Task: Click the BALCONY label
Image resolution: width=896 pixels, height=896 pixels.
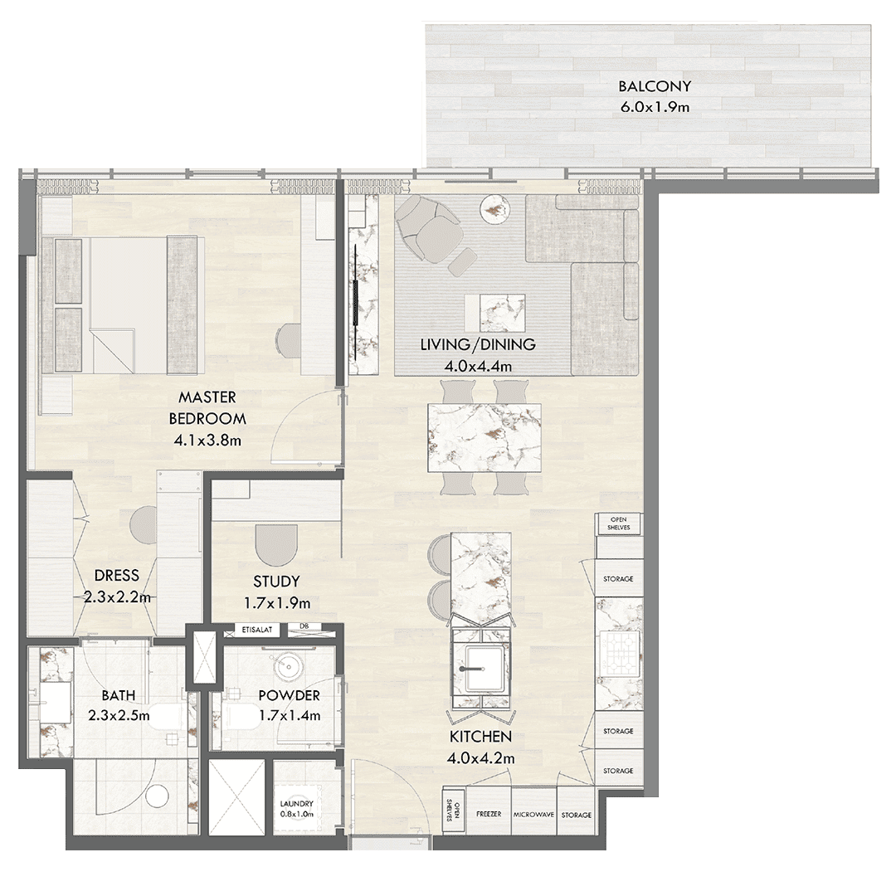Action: [x=655, y=86]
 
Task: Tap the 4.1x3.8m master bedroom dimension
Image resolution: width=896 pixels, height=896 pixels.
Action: [x=207, y=441]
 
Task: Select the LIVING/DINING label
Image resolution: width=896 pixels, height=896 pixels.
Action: [x=478, y=344]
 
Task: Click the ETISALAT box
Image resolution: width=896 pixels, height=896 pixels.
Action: [x=256, y=631]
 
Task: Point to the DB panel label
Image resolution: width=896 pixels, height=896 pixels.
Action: [x=304, y=626]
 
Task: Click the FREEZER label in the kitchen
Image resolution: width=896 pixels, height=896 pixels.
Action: [x=489, y=814]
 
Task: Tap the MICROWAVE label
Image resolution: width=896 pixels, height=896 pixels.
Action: [x=533, y=815]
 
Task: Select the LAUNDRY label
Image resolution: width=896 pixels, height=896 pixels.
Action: [x=296, y=803]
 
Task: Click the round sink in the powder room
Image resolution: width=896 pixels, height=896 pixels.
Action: [x=285, y=666]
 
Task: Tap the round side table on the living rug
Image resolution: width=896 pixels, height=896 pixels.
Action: [x=494, y=209]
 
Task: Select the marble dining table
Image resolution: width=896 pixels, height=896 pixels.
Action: [x=485, y=438]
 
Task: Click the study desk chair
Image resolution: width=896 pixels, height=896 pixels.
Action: [x=276, y=544]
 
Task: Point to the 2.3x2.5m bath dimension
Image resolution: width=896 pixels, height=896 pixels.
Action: [x=119, y=715]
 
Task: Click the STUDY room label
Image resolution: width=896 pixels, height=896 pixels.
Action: [x=276, y=582]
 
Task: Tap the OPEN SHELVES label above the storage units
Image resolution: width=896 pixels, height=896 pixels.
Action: [x=618, y=523]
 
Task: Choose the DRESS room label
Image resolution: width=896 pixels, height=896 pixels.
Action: [x=117, y=575]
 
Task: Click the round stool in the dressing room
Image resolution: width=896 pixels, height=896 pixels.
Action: [x=144, y=522]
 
